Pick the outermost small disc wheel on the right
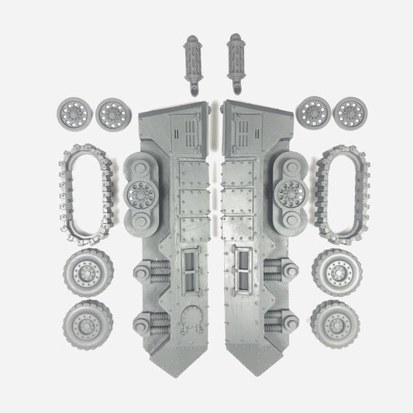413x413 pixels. point(348,113)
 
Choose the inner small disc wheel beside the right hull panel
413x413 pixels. point(313,113)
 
